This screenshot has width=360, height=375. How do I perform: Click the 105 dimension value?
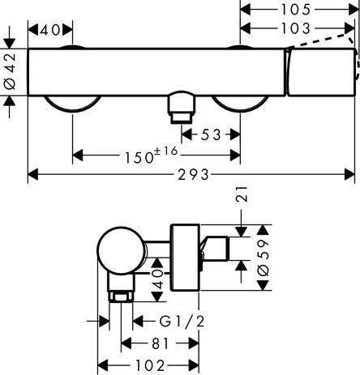[x=296, y=10]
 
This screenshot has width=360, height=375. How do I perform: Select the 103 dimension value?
[x=296, y=28]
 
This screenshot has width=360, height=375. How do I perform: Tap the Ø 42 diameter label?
[x=10, y=71]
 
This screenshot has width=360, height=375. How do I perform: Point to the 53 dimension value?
[x=212, y=134]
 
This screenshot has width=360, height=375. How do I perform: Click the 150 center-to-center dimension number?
[x=139, y=157]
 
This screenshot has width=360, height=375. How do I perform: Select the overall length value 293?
[x=193, y=174]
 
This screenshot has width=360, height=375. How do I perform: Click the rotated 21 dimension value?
[x=242, y=194]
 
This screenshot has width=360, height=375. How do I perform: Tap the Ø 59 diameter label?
[x=264, y=258]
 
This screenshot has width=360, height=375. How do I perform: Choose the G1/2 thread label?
[x=182, y=322]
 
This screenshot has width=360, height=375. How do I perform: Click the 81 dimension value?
[x=160, y=343]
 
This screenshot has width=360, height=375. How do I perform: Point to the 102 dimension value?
[x=150, y=366]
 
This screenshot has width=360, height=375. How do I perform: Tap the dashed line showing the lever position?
[x=324, y=40]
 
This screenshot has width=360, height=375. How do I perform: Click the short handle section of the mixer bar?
[x=321, y=72]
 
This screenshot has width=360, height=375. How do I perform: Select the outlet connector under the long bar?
[x=182, y=107]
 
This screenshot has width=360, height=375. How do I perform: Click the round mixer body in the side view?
[x=122, y=250]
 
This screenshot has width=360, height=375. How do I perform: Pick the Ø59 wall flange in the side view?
[x=185, y=258]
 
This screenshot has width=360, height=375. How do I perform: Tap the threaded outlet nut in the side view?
[x=121, y=296]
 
